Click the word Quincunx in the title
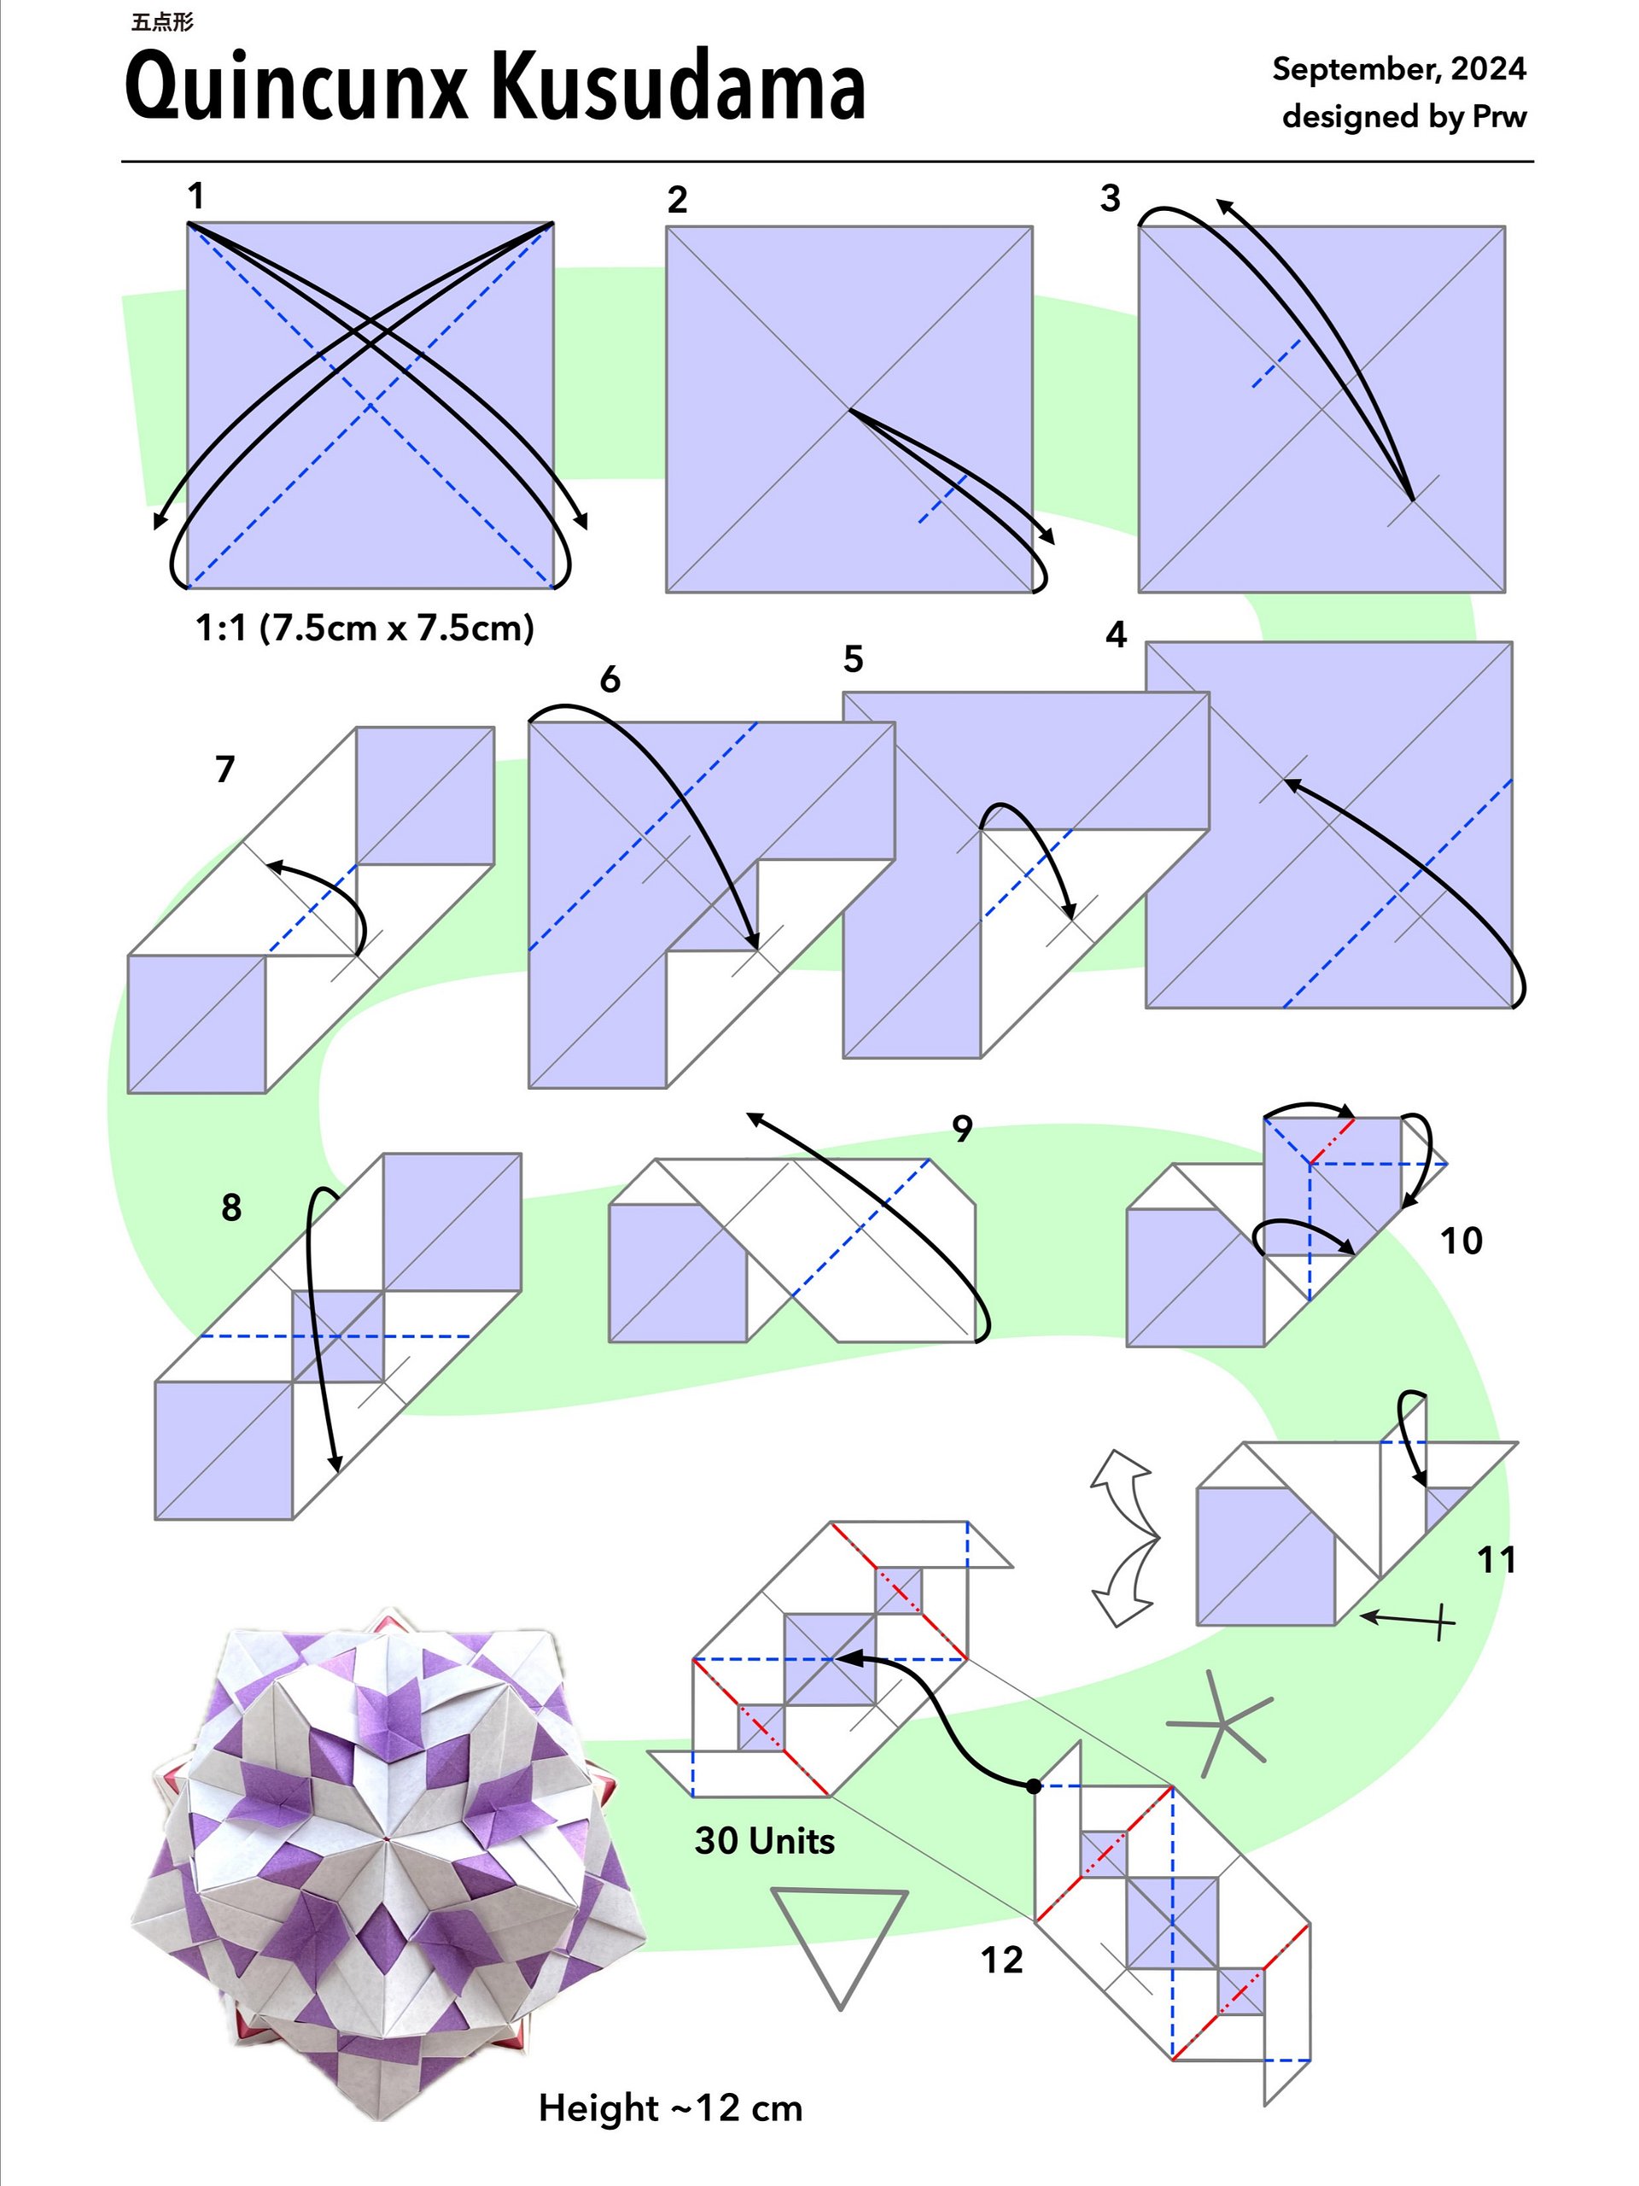point(295,88)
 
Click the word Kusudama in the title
point(679,86)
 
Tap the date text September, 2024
point(1399,69)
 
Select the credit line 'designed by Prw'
point(1404,117)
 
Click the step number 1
point(196,196)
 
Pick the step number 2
point(677,200)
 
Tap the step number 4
point(1116,634)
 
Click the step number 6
point(610,679)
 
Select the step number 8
point(231,1207)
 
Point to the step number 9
point(962,1129)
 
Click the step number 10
point(1461,1242)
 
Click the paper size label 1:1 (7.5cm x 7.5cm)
point(365,628)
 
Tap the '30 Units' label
point(765,1841)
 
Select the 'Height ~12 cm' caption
point(670,2109)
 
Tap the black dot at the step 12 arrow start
point(1034,1786)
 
